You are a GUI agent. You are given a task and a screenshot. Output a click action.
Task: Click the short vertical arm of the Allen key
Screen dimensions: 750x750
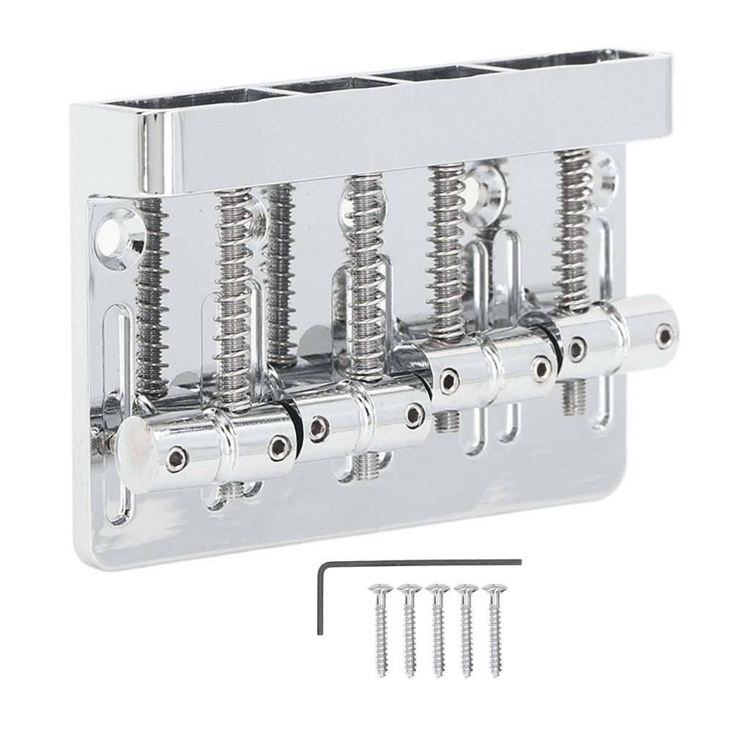click(320, 597)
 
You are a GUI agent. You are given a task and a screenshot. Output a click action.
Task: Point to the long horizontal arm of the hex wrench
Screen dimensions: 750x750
click(421, 562)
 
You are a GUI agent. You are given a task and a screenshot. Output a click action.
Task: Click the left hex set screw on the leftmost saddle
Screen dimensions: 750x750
click(177, 459)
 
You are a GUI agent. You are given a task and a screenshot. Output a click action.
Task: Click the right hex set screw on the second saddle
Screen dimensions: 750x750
click(415, 415)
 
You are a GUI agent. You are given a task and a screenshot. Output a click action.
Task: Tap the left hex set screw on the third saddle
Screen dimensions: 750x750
click(446, 379)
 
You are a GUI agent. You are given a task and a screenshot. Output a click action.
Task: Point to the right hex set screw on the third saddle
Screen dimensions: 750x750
click(542, 368)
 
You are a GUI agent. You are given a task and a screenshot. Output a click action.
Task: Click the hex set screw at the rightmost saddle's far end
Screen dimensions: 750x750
click(665, 335)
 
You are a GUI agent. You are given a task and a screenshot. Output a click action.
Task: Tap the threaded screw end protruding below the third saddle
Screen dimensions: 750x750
click(447, 420)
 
